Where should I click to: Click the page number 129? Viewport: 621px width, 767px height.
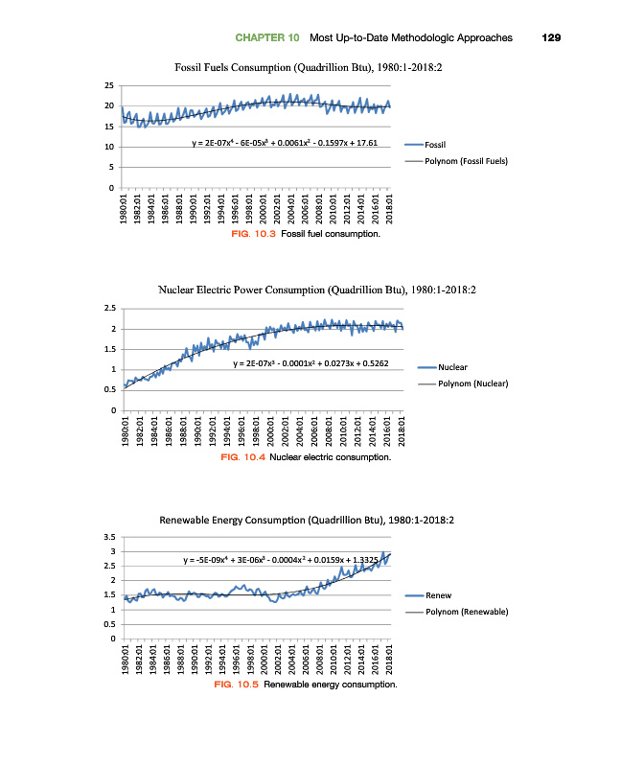551,38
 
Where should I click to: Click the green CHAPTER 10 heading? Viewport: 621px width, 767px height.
266,38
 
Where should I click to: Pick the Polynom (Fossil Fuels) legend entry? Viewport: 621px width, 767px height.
466,161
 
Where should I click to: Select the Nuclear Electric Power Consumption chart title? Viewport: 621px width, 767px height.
310,290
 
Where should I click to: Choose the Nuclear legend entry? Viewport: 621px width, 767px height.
452,367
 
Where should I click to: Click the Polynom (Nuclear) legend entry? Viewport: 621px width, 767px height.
471,383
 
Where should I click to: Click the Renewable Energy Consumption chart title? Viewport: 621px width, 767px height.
307,519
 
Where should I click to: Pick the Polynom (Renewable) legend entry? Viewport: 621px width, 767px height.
466,612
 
